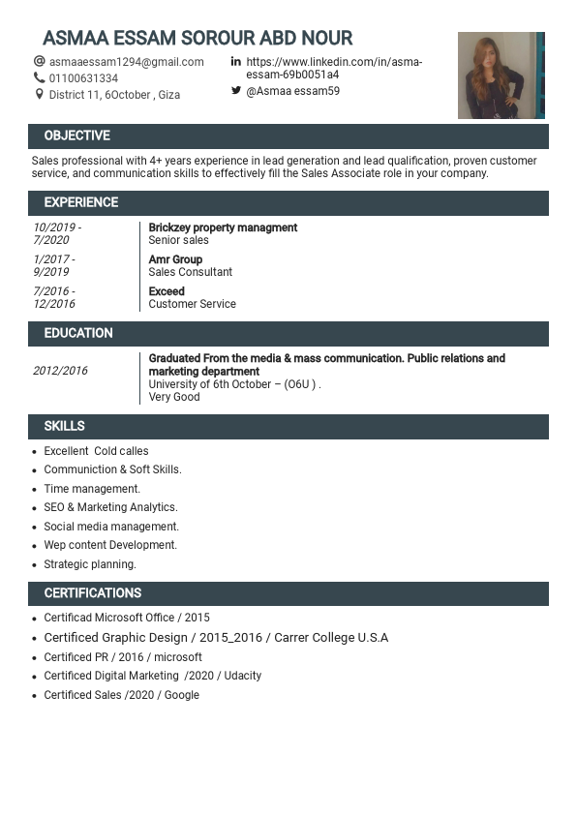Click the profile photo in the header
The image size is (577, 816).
(501, 76)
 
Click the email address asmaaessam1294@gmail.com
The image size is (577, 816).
(126, 62)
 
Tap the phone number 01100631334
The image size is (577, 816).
(83, 78)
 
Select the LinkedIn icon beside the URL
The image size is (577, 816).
(235, 62)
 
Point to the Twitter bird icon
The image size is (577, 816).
(235, 91)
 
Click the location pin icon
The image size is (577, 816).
(40, 95)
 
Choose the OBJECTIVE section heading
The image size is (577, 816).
(76, 136)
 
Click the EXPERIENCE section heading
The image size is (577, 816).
(80, 202)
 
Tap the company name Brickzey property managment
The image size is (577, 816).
(223, 227)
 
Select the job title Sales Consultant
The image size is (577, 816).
(190, 272)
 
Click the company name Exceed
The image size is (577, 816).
(167, 291)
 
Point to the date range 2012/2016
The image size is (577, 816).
(60, 371)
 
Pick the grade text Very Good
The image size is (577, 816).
(174, 397)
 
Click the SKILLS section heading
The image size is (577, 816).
(64, 426)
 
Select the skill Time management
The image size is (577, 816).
(92, 489)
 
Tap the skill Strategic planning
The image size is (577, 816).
(90, 564)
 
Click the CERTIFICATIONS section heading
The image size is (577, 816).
(92, 593)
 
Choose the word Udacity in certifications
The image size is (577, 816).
(243, 676)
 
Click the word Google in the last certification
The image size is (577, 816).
(181, 695)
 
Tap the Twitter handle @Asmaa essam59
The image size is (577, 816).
(292, 91)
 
